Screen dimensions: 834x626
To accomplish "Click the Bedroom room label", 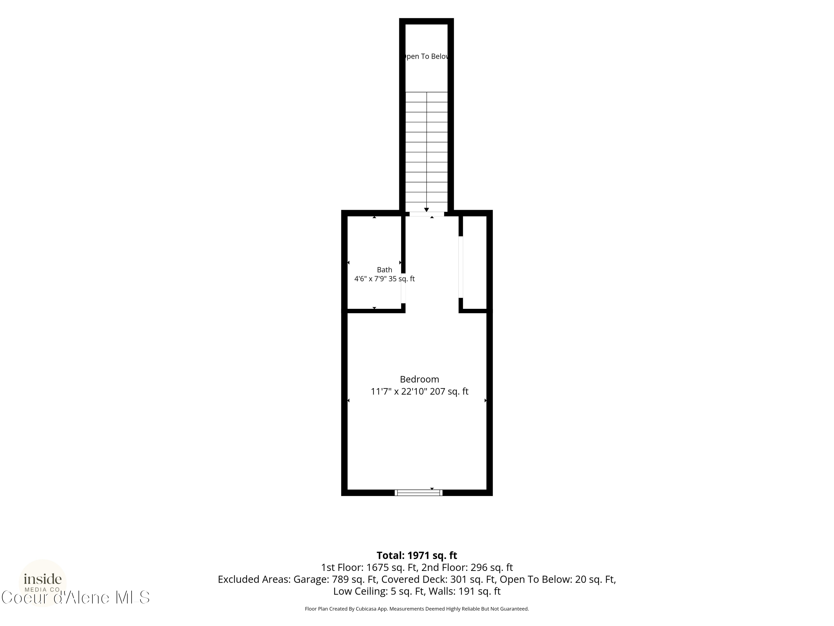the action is pyautogui.click(x=419, y=379).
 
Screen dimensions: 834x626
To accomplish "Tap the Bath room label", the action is pyautogui.click(x=384, y=270).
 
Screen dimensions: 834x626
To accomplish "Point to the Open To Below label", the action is pyautogui.click(x=426, y=56).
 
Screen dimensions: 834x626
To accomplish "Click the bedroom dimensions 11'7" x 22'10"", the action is pyautogui.click(x=399, y=392).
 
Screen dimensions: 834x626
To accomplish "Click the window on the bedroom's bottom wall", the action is pyautogui.click(x=418, y=492).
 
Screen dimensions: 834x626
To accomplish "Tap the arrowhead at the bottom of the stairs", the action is pyautogui.click(x=426, y=210).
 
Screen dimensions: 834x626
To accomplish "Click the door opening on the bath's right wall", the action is pyautogui.click(x=403, y=288).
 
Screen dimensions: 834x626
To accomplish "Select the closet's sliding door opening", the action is pyautogui.click(x=461, y=267).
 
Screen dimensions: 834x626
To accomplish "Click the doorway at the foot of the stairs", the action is pyautogui.click(x=427, y=214).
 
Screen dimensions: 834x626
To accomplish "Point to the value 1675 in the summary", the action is pyautogui.click(x=378, y=568).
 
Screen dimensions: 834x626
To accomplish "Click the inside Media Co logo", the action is pyautogui.click(x=43, y=582).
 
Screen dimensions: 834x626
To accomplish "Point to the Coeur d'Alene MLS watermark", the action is pyautogui.click(x=75, y=597).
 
